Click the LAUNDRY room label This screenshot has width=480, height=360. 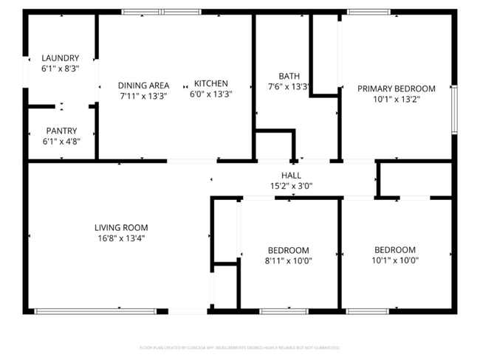point(61,58)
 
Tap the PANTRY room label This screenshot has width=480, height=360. point(61,130)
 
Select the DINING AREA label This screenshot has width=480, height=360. point(144,85)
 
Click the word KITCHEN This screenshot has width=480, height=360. point(210,83)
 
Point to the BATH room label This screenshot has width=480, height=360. point(289,76)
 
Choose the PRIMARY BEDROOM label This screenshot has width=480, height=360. point(397,89)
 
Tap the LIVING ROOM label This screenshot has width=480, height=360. point(121,227)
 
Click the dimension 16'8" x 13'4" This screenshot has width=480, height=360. point(121,238)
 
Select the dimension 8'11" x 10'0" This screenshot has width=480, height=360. point(288,260)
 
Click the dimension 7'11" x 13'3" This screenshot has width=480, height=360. point(144,95)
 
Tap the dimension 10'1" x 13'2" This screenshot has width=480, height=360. point(397,100)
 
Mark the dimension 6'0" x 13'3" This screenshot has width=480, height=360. point(210,94)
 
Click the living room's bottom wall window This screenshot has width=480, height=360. point(96,311)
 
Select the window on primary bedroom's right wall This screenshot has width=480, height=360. point(453,109)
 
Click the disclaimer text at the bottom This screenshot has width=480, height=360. point(239,347)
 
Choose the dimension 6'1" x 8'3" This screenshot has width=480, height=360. point(61,68)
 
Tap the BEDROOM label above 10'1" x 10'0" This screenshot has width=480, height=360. point(395,249)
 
